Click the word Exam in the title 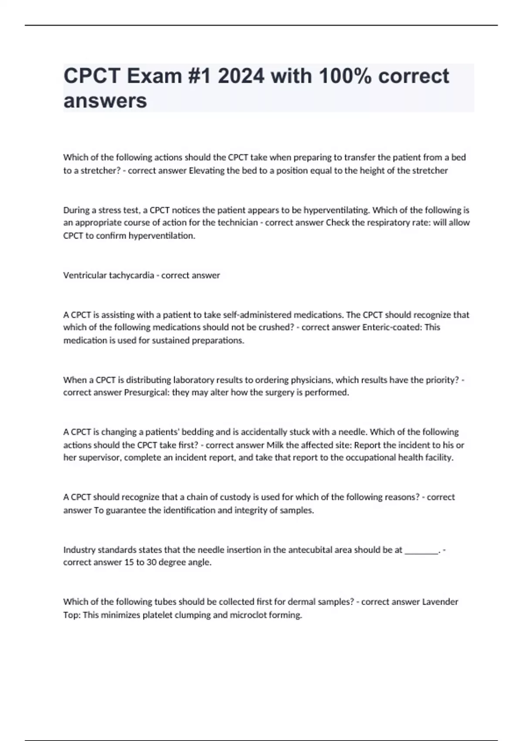154,76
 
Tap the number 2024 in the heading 241,76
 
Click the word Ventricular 85,275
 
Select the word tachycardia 131,275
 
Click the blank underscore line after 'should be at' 421,550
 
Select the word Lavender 440,602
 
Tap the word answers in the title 105,101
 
